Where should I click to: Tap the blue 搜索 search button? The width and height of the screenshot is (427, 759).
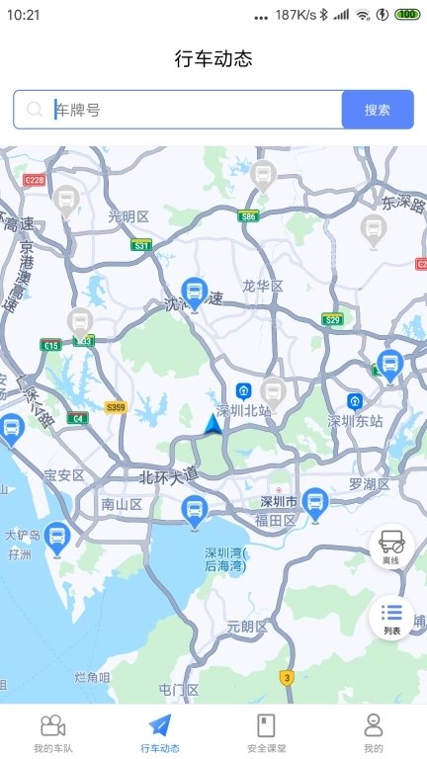(378, 110)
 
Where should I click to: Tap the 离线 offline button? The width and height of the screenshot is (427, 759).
(391, 546)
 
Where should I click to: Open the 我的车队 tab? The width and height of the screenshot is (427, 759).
(53, 732)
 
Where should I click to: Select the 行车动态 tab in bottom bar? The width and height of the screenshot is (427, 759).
(160, 732)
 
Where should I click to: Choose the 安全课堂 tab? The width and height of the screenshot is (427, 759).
(266, 732)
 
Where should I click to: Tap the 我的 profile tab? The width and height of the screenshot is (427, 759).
(373, 732)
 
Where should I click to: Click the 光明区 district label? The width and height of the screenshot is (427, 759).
(128, 216)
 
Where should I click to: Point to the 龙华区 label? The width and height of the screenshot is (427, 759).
(263, 286)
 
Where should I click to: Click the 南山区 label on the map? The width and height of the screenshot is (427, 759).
(122, 504)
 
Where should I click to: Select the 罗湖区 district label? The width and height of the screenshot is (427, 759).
(369, 484)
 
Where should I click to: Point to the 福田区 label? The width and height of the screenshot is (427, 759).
(276, 520)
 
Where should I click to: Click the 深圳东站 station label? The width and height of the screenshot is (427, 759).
(354, 420)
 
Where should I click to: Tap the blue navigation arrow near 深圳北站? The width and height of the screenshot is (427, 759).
(213, 424)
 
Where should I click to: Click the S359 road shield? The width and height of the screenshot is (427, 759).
(116, 407)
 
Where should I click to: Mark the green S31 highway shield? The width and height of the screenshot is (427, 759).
(142, 245)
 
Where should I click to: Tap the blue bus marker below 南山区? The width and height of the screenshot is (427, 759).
(194, 511)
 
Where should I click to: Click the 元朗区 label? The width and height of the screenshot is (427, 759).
(247, 627)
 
